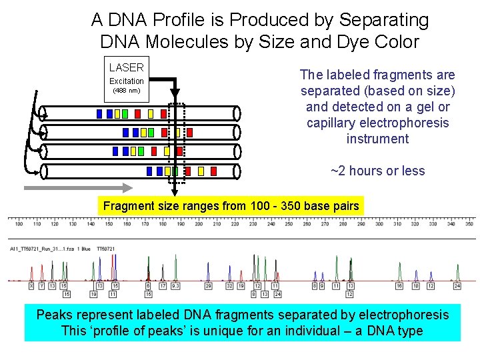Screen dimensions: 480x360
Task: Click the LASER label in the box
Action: point(127,67)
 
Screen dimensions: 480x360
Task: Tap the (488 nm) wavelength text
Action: point(126,90)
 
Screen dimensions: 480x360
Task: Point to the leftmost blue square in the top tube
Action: point(99,114)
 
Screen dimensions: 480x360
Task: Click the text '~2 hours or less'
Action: point(377,171)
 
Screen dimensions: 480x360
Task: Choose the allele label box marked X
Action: point(31,286)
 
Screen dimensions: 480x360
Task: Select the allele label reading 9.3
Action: point(176,286)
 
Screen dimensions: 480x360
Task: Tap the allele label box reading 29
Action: point(208,286)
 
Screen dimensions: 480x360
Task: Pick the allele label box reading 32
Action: point(230,286)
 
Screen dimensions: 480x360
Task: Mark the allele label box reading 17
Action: point(163,286)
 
